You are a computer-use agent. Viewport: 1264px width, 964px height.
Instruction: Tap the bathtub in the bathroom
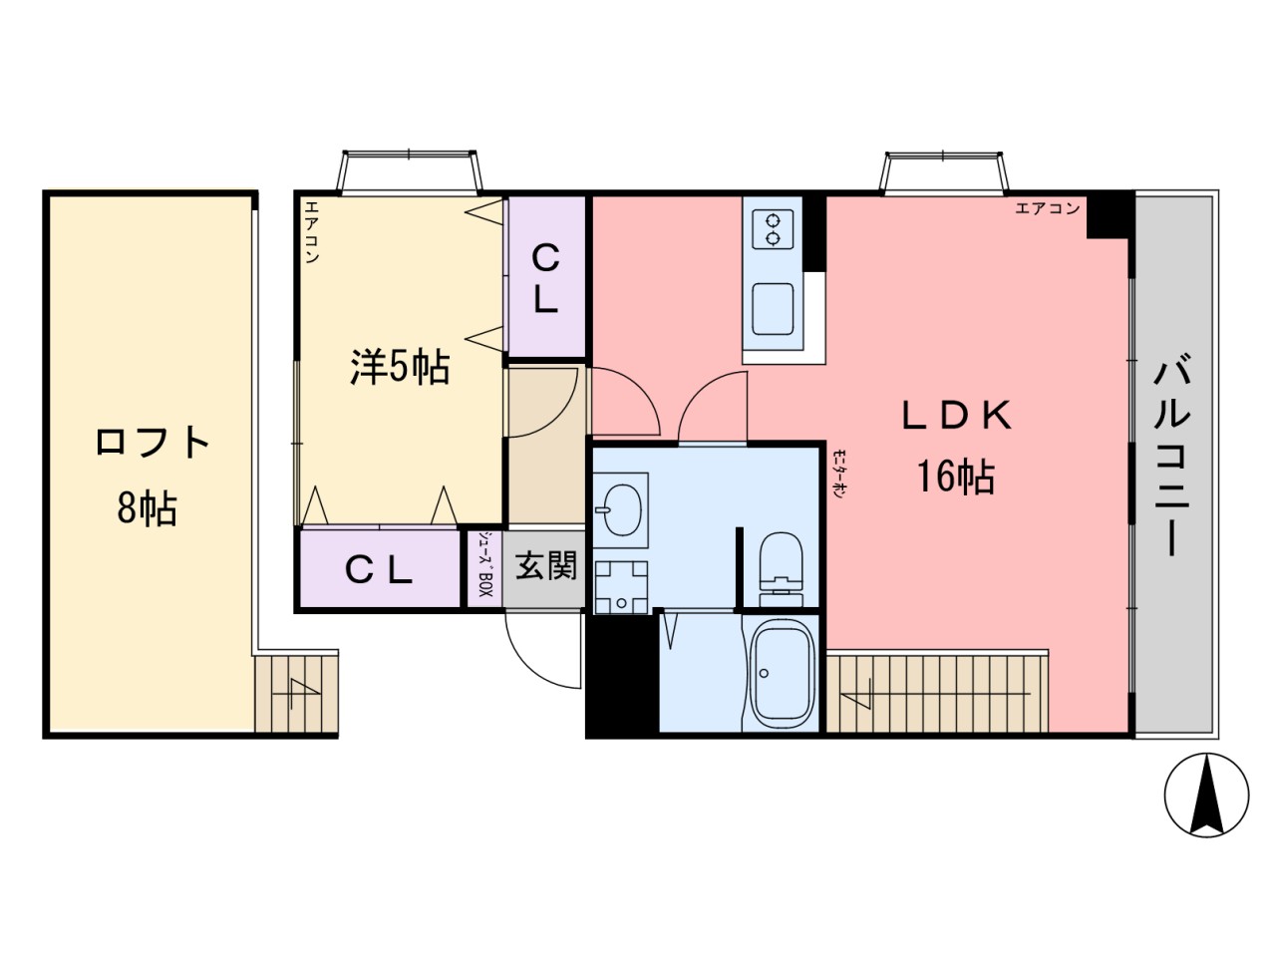(x=782, y=676)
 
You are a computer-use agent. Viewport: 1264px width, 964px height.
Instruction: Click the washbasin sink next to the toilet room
(x=620, y=505)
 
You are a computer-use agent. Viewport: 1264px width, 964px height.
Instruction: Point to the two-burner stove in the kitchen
(x=772, y=229)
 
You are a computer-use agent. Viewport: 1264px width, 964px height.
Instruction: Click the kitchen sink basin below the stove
(x=773, y=308)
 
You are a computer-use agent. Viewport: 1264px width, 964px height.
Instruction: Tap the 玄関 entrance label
(x=545, y=567)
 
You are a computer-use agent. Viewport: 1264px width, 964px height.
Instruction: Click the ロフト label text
(x=153, y=442)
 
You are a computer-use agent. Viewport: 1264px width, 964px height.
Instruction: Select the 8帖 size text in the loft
(x=148, y=508)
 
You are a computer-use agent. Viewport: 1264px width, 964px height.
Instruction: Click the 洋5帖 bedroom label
(x=399, y=368)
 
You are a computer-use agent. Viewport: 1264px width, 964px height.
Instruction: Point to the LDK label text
(x=956, y=416)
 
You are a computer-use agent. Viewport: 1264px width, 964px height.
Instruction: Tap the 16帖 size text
(x=956, y=479)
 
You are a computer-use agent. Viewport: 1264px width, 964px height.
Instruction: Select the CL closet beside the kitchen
(x=545, y=278)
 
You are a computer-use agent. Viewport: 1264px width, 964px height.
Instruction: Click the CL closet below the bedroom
(x=379, y=570)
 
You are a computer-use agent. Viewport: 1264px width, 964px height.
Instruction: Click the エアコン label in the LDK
(x=1047, y=208)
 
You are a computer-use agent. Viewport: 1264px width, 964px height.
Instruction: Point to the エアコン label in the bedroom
(x=310, y=232)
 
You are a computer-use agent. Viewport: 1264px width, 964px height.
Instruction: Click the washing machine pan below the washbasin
(x=621, y=586)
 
